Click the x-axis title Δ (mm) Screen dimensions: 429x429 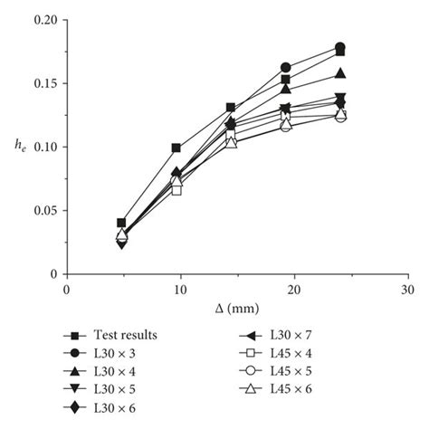tap(236, 309)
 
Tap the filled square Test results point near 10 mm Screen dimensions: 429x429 tap(176, 148)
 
